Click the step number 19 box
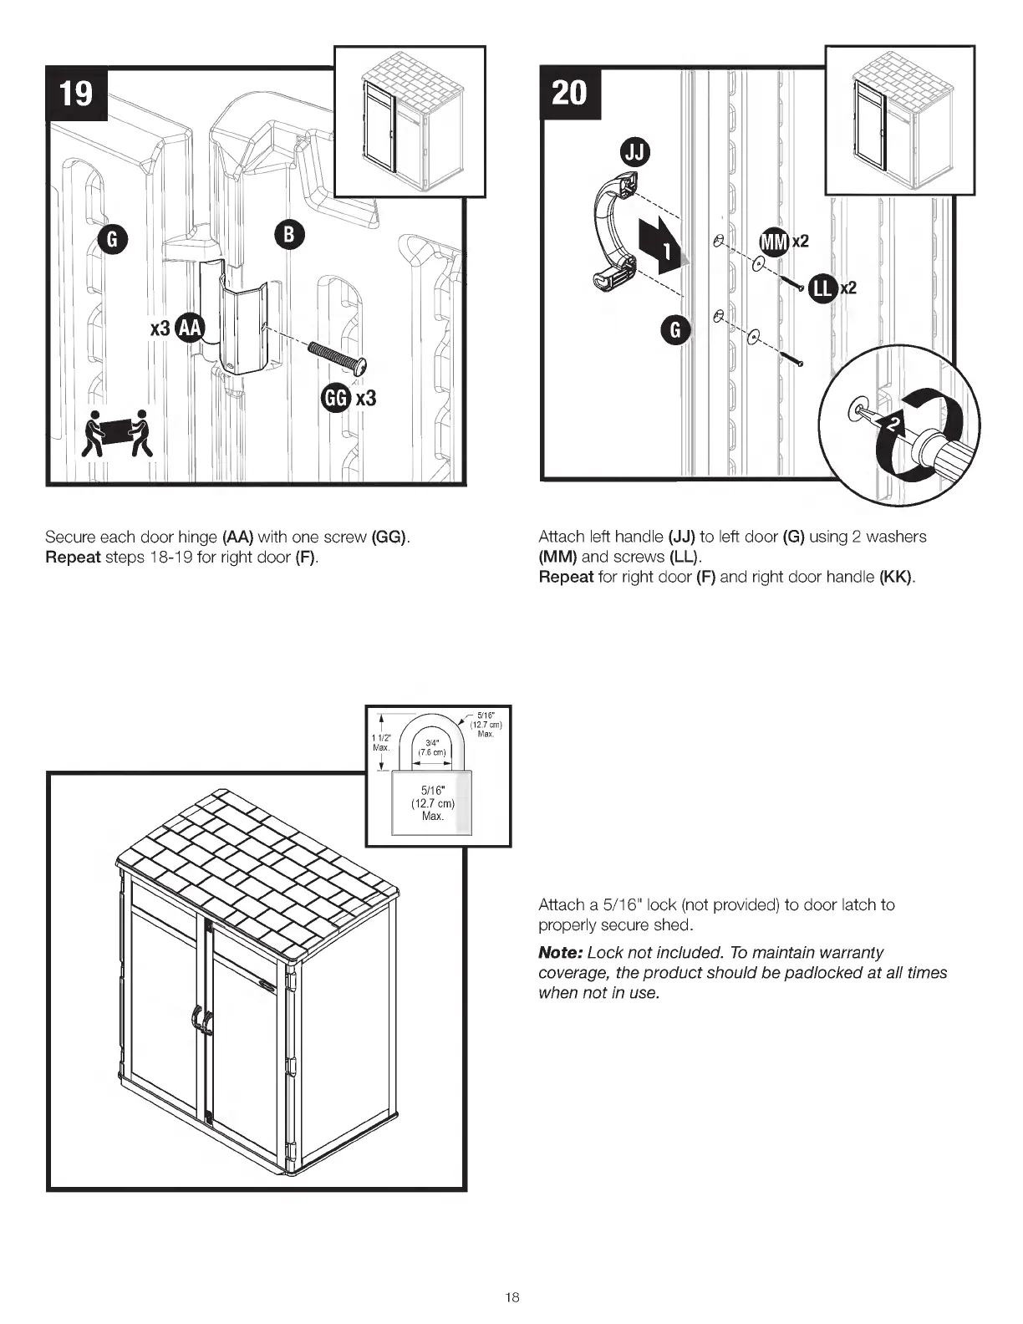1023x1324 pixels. pos(76,92)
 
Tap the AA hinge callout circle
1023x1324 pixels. pos(191,328)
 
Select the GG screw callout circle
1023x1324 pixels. pos(336,398)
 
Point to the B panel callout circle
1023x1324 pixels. pos(289,236)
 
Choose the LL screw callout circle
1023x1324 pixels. pos(823,288)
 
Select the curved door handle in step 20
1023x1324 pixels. pos(614,234)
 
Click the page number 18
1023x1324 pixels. pos(511,1297)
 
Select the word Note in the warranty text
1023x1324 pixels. pos(559,953)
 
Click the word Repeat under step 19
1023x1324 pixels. pos(73,557)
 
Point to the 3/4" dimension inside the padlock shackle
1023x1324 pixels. pos(432,746)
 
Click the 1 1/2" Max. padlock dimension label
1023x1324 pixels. pos(381,741)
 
